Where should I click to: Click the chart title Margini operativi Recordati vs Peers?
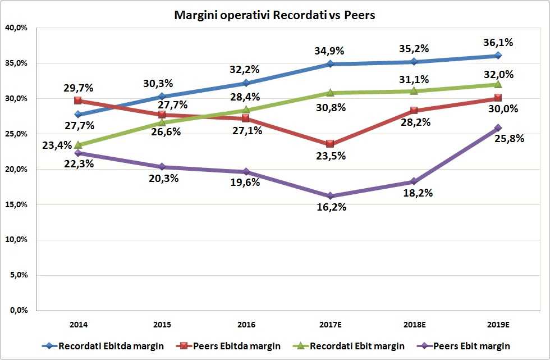click(x=274, y=15)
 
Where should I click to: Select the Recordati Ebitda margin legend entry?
click(x=104, y=346)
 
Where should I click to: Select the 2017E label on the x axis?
click(x=330, y=325)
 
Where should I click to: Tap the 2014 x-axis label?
click(x=78, y=325)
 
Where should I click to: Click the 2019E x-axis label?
click(x=498, y=325)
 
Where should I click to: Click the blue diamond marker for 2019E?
click(x=498, y=56)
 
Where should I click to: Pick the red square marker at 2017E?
click(x=330, y=144)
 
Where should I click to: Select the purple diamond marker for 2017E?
click(x=330, y=196)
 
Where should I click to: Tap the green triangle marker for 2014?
click(x=78, y=145)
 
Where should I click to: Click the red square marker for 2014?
click(x=78, y=101)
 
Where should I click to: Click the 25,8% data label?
click(x=510, y=138)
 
